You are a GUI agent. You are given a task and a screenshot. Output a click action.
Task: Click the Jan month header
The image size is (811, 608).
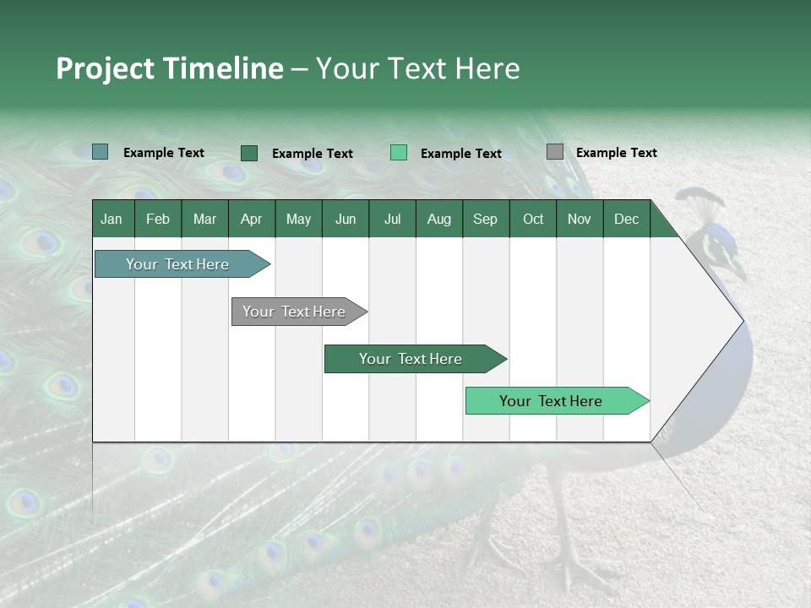(112, 220)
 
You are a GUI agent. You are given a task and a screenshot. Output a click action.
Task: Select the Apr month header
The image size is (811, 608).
(251, 220)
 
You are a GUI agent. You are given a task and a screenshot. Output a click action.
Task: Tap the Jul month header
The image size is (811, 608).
(392, 220)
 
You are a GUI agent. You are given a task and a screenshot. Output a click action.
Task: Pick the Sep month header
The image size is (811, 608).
(485, 220)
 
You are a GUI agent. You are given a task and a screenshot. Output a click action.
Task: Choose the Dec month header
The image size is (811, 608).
(626, 220)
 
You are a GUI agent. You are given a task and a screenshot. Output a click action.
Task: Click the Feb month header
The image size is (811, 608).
(158, 220)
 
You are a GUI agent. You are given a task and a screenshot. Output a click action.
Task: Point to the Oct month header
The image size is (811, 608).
(533, 220)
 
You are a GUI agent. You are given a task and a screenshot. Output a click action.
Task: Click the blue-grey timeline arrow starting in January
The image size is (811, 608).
(178, 264)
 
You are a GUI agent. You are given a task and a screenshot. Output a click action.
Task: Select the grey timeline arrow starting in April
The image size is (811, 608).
(295, 312)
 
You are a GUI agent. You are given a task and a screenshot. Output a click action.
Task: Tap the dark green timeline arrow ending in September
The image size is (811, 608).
(411, 359)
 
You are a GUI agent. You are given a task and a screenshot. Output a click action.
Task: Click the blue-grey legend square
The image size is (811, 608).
(100, 152)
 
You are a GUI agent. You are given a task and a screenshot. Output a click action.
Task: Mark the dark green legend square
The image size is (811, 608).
(248, 153)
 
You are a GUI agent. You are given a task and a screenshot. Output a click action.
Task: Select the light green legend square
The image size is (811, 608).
(399, 153)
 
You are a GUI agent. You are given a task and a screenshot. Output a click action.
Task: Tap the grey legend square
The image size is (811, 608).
(554, 152)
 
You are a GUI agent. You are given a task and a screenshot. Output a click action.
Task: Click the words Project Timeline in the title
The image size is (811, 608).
(170, 68)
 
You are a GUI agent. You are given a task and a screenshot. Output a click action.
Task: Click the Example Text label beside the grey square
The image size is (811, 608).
(616, 153)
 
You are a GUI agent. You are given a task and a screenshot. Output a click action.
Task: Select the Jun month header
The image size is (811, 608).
(346, 220)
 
